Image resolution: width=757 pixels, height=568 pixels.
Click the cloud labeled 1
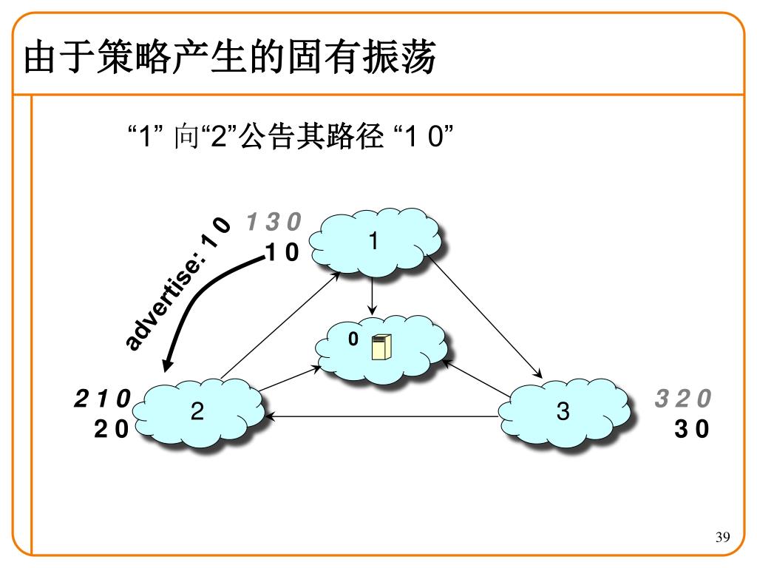[375, 242]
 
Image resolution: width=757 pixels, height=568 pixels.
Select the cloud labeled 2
[198, 412]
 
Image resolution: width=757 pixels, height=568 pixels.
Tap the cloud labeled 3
[564, 412]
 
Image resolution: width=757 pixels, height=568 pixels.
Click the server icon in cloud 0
[381, 347]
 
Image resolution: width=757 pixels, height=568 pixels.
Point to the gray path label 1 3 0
[274, 222]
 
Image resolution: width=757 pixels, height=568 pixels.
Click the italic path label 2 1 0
[102, 399]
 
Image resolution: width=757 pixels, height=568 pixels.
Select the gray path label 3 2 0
[683, 399]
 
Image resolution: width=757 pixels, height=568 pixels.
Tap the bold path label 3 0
[692, 429]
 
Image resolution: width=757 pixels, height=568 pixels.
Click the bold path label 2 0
[111, 429]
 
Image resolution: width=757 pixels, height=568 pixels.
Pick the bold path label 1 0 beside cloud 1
[282, 251]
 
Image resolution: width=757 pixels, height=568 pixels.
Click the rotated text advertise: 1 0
[177, 283]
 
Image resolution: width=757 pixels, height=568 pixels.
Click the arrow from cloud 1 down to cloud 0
[372, 297]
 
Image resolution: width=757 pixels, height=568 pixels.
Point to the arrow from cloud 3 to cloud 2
[382, 416]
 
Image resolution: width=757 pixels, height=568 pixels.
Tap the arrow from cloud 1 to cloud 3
[485, 317]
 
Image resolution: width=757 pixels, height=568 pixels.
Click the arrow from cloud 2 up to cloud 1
[281, 325]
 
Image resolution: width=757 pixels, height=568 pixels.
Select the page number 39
[723, 537]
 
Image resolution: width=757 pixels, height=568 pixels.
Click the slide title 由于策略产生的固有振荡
[230, 57]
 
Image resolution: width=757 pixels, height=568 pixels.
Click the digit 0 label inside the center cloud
[353, 339]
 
